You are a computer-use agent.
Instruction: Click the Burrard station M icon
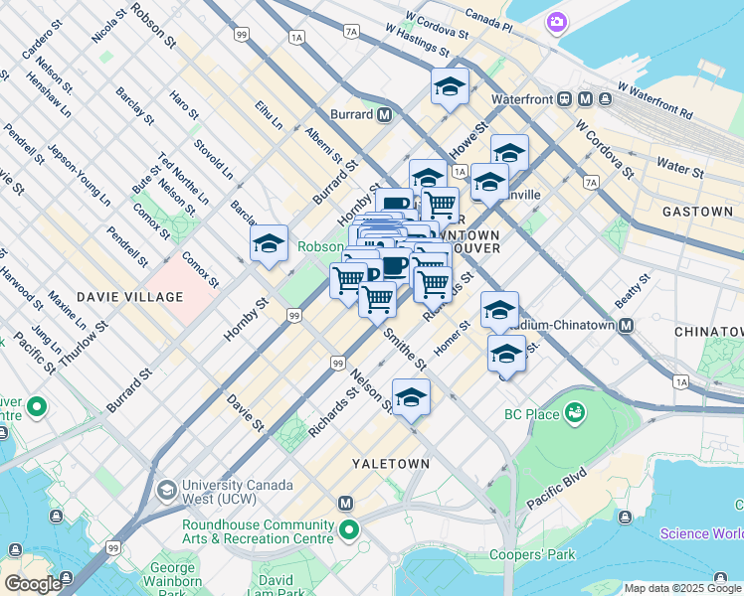[x=384, y=114]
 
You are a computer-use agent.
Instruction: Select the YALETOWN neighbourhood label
[x=392, y=464]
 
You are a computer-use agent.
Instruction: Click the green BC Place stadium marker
[x=574, y=410]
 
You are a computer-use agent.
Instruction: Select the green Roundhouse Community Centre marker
[x=347, y=530]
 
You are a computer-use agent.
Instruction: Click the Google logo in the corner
[x=33, y=584]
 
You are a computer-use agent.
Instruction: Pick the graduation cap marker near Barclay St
[x=269, y=242]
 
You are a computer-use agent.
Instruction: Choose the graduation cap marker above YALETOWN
[x=411, y=397]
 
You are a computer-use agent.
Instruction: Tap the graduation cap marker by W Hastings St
[x=450, y=86]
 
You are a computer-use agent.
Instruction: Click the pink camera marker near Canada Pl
[x=556, y=21]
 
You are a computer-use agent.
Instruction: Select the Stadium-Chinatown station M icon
[x=627, y=325]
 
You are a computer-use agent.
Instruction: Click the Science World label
[x=701, y=534]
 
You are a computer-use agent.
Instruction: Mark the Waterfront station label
[x=523, y=99]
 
